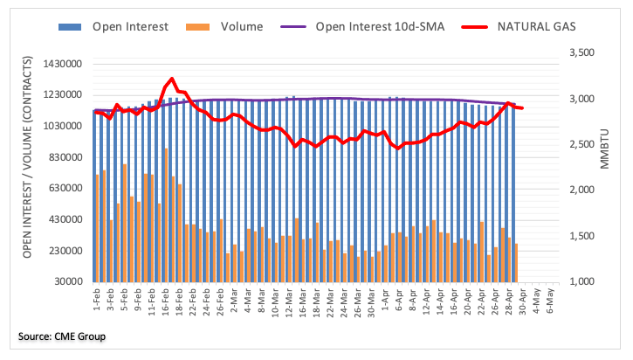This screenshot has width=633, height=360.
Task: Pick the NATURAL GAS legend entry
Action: (529, 27)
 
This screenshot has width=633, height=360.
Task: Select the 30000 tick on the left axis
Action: (71, 282)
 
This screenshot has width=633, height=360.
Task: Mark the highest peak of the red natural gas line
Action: (172, 80)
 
